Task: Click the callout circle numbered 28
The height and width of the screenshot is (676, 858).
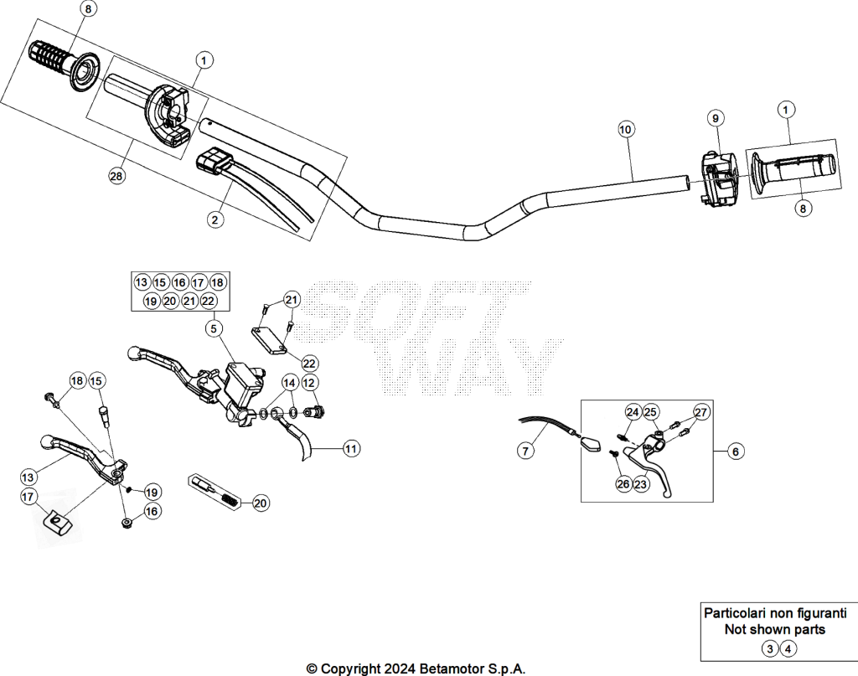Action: point(116,176)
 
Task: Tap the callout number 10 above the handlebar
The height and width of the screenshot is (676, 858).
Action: point(625,130)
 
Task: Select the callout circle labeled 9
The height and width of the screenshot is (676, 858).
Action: point(716,117)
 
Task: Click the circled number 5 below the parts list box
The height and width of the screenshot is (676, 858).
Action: point(214,328)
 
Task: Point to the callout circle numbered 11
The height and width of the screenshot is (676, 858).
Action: point(351,448)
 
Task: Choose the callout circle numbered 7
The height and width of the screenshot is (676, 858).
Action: point(525,451)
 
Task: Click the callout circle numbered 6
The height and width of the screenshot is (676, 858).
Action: point(736,452)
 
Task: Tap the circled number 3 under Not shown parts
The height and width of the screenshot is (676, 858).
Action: point(770,649)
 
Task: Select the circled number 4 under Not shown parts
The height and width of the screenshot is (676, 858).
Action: point(788,649)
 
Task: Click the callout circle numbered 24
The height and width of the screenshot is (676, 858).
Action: point(633,412)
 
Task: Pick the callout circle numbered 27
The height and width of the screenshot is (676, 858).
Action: point(701,412)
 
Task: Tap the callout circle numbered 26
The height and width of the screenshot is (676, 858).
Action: point(623,484)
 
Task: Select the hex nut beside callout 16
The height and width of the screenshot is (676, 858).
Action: point(127,524)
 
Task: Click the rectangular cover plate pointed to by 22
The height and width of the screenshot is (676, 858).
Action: point(270,341)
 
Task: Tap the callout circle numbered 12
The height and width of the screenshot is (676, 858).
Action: point(308,383)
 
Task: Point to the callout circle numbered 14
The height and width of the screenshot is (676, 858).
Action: point(289,383)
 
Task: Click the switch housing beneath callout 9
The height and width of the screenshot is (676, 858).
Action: point(718,179)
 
